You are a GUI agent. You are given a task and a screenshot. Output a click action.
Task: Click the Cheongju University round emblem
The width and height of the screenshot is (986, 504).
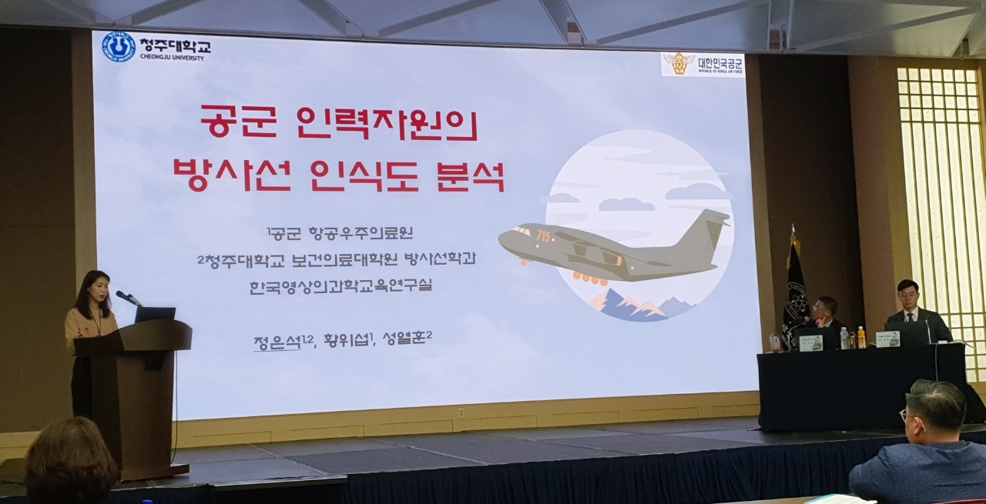point(119,47)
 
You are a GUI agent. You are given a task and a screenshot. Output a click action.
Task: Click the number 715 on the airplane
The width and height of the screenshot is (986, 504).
point(543,236)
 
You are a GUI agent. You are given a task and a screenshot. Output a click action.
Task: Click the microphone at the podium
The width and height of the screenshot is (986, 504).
point(126,296)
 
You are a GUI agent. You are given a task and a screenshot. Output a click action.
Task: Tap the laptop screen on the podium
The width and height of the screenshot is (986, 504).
point(155,314)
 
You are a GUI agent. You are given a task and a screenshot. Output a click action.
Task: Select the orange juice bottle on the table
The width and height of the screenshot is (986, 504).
point(861,337)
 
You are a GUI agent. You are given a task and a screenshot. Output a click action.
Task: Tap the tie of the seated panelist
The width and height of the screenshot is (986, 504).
point(911,315)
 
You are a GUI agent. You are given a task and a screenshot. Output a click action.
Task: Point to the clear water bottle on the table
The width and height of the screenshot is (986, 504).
point(844,338)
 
